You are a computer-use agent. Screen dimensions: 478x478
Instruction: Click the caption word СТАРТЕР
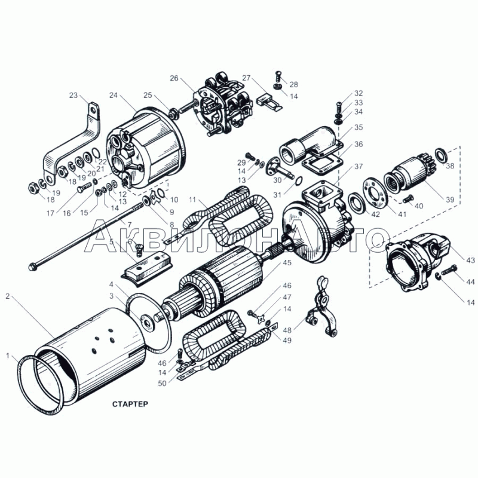(x=130, y=404)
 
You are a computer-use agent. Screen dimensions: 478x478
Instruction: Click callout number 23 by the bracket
(x=73, y=96)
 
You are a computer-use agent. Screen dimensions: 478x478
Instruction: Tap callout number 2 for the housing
(x=8, y=296)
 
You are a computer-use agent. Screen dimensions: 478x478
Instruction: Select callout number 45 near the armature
(x=287, y=262)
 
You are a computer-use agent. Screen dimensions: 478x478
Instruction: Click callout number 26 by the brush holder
(x=174, y=78)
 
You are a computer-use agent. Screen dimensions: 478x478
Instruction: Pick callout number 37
(x=359, y=167)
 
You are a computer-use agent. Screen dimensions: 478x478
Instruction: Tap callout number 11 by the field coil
(x=192, y=200)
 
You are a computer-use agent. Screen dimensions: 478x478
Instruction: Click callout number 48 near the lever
(x=287, y=330)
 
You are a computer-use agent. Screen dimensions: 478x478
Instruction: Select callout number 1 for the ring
(x=8, y=356)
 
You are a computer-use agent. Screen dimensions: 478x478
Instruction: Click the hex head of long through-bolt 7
(x=32, y=267)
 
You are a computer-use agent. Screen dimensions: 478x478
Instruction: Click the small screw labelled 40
(x=407, y=199)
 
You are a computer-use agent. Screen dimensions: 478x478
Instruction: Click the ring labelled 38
(x=442, y=155)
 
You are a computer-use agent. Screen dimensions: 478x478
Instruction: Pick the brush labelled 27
(x=270, y=101)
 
